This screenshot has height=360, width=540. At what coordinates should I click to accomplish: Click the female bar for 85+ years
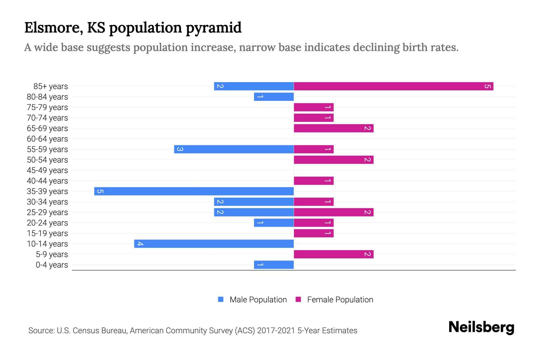point(393,86)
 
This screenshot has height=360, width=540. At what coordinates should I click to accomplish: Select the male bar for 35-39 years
point(194,191)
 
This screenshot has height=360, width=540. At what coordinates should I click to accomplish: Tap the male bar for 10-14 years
point(214,244)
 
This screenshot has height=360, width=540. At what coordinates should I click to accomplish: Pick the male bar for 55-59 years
point(234,149)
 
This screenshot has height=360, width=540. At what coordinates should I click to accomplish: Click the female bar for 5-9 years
point(333,254)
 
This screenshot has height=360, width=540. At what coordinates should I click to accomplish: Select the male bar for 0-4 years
point(274,265)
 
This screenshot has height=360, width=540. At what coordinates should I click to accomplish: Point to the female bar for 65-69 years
point(333,128)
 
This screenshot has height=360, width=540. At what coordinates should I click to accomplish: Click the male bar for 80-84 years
point(274,97)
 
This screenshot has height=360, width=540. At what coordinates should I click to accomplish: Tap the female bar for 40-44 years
point(313,181)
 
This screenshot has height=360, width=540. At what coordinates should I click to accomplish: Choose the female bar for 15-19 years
point(313,233)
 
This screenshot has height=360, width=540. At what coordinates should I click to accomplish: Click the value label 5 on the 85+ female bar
point(487,86)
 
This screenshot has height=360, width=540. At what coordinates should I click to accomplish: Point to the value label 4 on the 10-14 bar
point(140,244)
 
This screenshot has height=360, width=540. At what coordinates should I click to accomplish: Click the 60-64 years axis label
point(47,139)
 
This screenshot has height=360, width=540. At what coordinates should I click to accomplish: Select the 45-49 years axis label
point(47,170)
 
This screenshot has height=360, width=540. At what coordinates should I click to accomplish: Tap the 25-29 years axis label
point(47,212)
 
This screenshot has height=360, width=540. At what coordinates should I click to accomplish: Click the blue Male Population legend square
point(221,299)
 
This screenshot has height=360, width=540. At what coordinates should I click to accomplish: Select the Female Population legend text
point(340,300)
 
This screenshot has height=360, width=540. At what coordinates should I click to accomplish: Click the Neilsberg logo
point(481,327)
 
